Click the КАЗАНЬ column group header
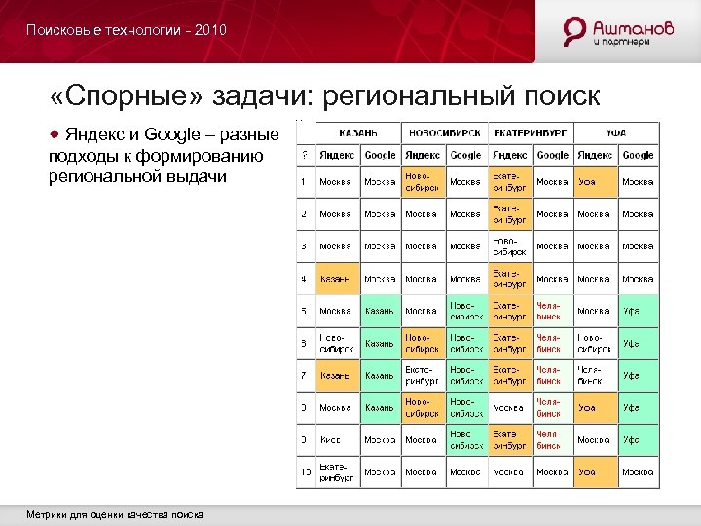pos(358,132)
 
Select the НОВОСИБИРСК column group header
pos(443,132)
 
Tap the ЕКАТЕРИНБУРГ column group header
pos(531,132)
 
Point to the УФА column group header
pos(615,132)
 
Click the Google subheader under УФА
pos(638,155)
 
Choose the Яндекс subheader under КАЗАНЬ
pos(337,155)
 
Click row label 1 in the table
pos(305,182)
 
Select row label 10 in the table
pos(305,471)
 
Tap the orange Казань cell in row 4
pos(337,279)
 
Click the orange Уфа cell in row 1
pos(595,182)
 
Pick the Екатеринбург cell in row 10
pos(337,471)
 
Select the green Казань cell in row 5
pos(380,311)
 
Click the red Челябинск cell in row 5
pos(551,311)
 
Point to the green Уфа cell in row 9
pos(638,439)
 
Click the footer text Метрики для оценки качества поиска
pos(115,513)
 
